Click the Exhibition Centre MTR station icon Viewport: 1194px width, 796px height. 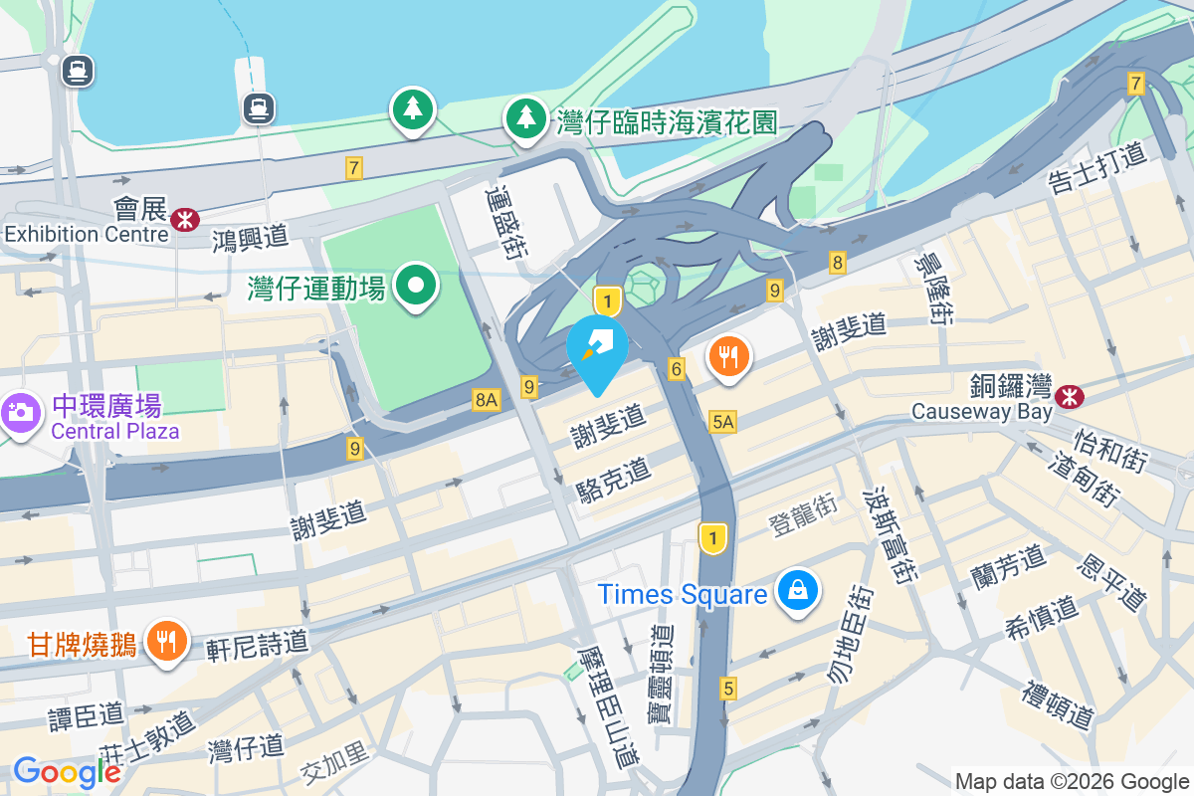click(x=184, y=219)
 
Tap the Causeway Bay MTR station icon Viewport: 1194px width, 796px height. click(x=1071, y=396)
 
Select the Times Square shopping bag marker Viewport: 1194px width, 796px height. click(x=798, y=591)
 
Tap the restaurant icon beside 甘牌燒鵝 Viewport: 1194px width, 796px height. click(x=165, y=640)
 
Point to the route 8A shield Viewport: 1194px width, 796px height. click(x=486, y=400)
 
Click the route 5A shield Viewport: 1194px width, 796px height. click(x=723, y=422)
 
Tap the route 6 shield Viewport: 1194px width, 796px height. click(x=677, y=369)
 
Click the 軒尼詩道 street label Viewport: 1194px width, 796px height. click(x=258, y=645)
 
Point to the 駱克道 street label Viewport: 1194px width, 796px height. click(x=613, y=480)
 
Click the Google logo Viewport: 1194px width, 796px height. click(x=67, y=771)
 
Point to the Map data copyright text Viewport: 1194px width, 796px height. click(x=1072, y=781)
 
